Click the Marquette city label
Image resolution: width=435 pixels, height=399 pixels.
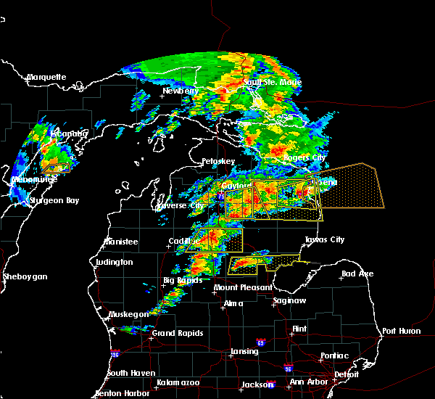click(x=46, y=77)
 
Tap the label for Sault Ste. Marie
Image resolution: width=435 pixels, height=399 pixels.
click(x=272, y=83)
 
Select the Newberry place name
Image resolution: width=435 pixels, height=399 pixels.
click(x=180, y=91)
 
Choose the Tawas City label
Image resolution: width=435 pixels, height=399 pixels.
click(x=324, y=239)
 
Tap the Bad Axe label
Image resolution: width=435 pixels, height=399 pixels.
click(x=357, y=274)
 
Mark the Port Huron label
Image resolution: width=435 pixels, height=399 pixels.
click(x=401, y=331)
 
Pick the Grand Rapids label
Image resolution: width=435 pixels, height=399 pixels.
click(x=177, y=334)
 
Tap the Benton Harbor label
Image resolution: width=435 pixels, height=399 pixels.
click(x=123, y=394)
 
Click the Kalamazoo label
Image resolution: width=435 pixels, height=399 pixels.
click(x=178, y=382)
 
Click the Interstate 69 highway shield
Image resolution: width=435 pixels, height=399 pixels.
click(x=260, y=342)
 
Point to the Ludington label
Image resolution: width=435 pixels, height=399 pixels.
click(x=113, y=262)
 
